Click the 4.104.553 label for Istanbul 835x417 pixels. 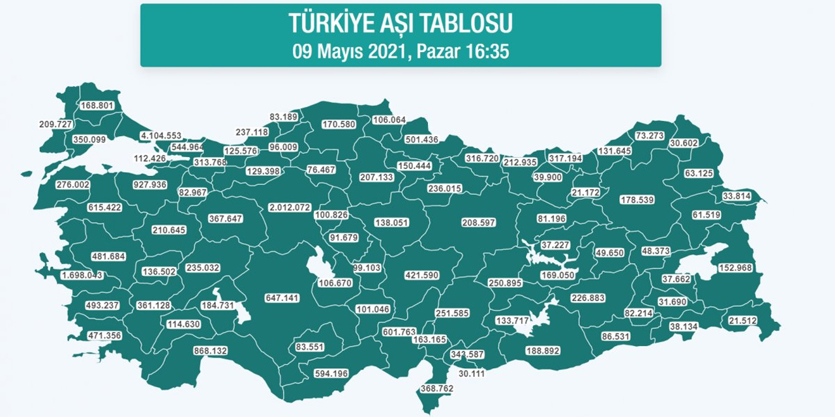tap(160, 136)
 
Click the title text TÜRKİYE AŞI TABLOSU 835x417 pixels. tap(401, 23)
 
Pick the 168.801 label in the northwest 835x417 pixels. tap(97, 106)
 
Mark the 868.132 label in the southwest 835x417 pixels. tap(210, 351)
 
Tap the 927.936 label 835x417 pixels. tap(149, 184)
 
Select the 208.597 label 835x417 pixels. tap(478, 223)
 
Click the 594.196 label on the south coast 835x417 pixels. tap(331, 373)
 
